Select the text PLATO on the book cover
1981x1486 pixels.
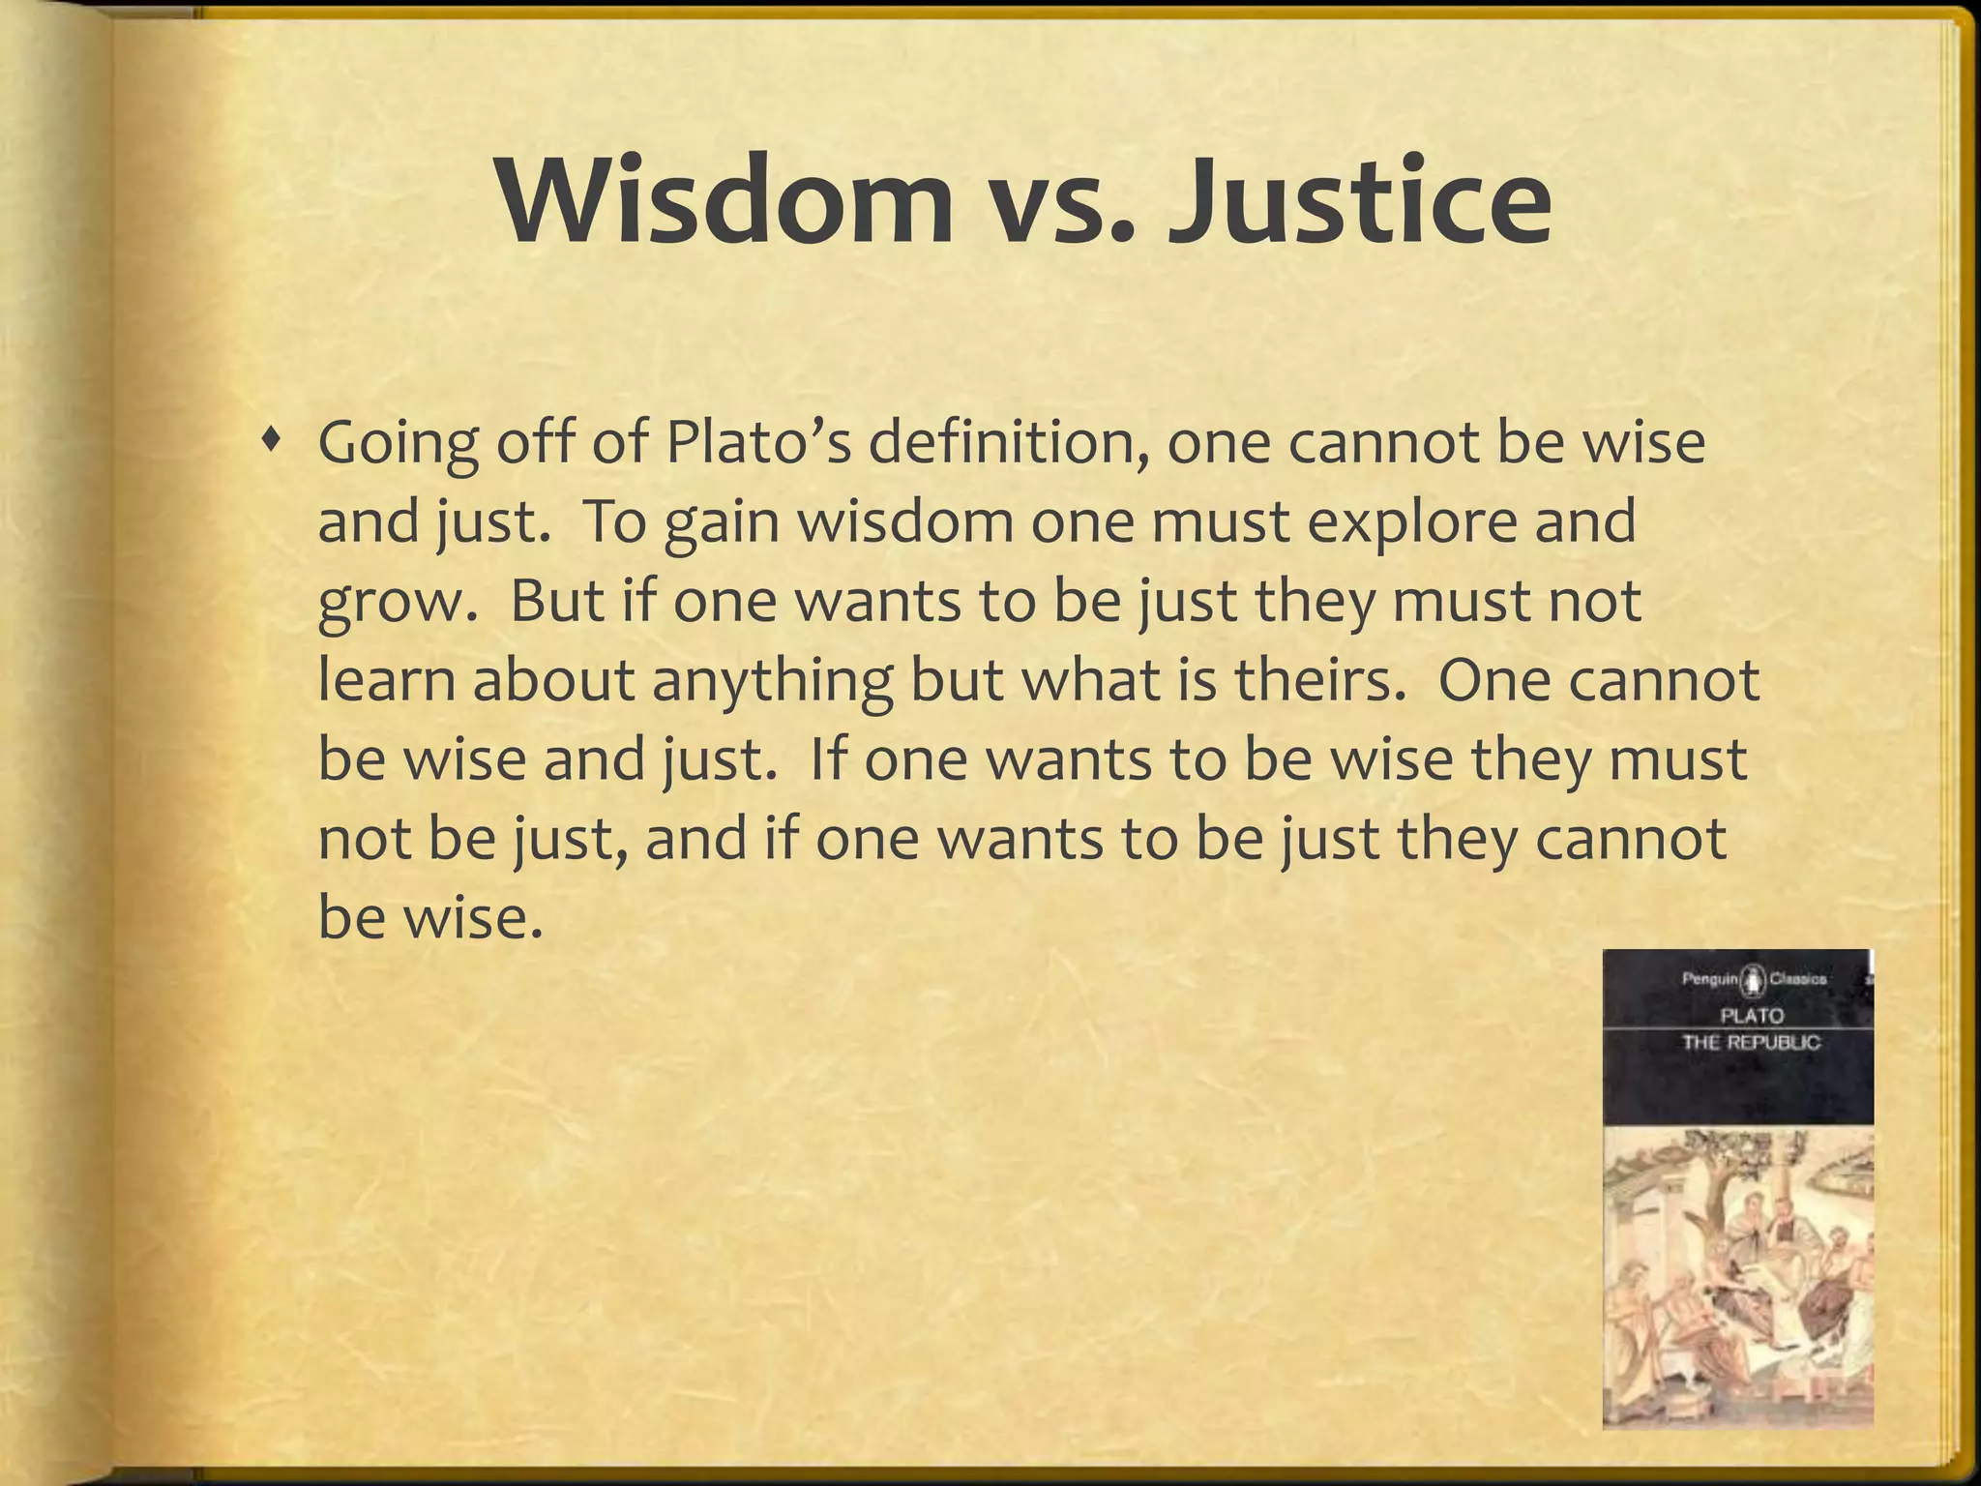click(x=1751, y=1016)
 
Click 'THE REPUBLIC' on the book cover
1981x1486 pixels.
click(x=1751, y=1043)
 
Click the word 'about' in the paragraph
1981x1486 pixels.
click(x=553, y=679)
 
